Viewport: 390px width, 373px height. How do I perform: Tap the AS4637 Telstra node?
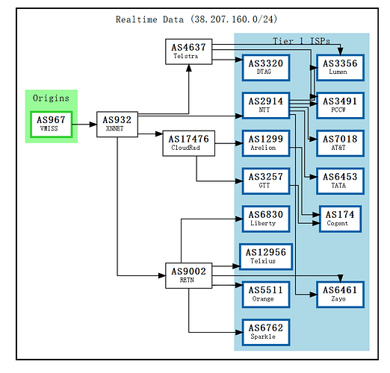coord(189,51)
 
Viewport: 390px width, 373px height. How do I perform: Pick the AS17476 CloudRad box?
coord(189,142)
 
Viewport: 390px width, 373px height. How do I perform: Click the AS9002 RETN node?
coord(188,275)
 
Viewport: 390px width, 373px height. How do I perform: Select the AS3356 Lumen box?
coord(340,67)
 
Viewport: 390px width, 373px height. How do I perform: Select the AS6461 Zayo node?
coord(340,295)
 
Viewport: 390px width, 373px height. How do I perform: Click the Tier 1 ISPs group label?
coord(302,40)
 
